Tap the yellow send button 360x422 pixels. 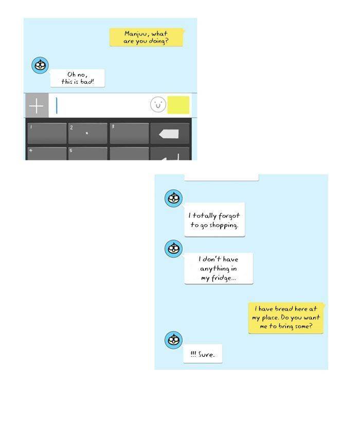click(178, 105)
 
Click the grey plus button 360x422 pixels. click(37, 105)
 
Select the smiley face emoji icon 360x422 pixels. click(158, 104)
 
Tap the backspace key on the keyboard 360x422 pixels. click(170, 134)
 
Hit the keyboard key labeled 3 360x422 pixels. click(129, 134)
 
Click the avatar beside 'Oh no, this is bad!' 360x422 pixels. click(40, 65)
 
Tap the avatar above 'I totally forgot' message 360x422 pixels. click(173, 198)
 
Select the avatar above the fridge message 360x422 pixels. click(173, 248)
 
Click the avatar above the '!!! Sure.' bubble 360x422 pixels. click(173, 340)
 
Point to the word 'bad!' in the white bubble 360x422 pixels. click(87, 82)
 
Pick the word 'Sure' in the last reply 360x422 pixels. click(206, 355)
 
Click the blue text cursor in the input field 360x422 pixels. click(57, 105)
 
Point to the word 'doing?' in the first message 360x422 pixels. click(158, 41)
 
